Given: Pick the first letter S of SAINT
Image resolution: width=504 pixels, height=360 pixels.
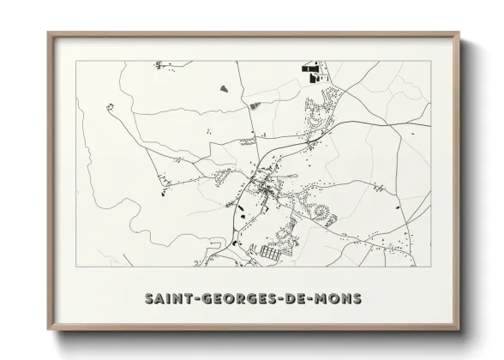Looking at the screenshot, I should (149, 298).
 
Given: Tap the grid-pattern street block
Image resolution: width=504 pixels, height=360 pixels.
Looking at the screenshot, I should (273, 254).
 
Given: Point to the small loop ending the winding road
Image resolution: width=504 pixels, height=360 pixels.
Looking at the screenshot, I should (110, 106).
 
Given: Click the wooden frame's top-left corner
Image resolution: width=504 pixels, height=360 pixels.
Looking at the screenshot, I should (50, 34).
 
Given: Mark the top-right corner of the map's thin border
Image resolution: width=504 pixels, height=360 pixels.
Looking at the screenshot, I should (430, 62).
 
